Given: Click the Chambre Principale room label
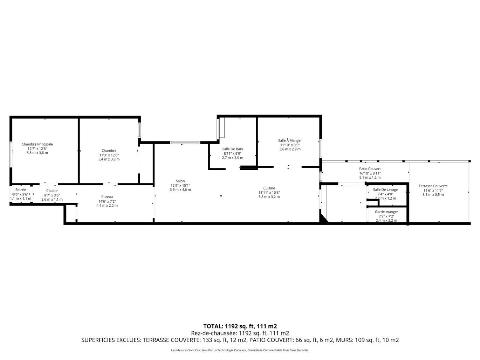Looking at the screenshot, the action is [x=37, y=144].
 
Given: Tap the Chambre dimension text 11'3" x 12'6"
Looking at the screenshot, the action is [x=109, y=155].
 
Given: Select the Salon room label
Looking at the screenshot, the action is [x=180, y=181].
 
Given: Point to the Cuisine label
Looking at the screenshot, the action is [x=269, y=188].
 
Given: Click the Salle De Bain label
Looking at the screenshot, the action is [x=232, y=149].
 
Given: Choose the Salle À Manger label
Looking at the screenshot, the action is [x=290, y=140].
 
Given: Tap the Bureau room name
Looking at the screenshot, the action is [x=107, y=197].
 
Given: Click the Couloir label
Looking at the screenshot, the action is [x=52, y=191].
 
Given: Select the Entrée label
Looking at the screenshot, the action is [x=21, y=190].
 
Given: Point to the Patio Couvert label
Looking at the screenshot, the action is [x=370, y=169].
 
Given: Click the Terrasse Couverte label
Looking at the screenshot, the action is [x=433, y=186].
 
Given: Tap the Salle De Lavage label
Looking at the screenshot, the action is [x=385, y=190].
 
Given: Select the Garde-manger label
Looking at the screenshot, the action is [x=386, y=212].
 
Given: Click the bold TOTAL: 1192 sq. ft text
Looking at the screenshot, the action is [x=229, y=326].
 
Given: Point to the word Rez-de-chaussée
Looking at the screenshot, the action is [x=214, y=333].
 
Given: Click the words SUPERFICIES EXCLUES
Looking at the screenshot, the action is [x=111, y=340].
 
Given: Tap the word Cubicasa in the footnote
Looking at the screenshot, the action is [x=241, y=351].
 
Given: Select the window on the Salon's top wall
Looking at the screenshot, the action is [x=185, y=143].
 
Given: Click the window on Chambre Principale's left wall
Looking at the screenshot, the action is [x=11, y=154].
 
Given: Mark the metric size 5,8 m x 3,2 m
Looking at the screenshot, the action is [x=269, y=197].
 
